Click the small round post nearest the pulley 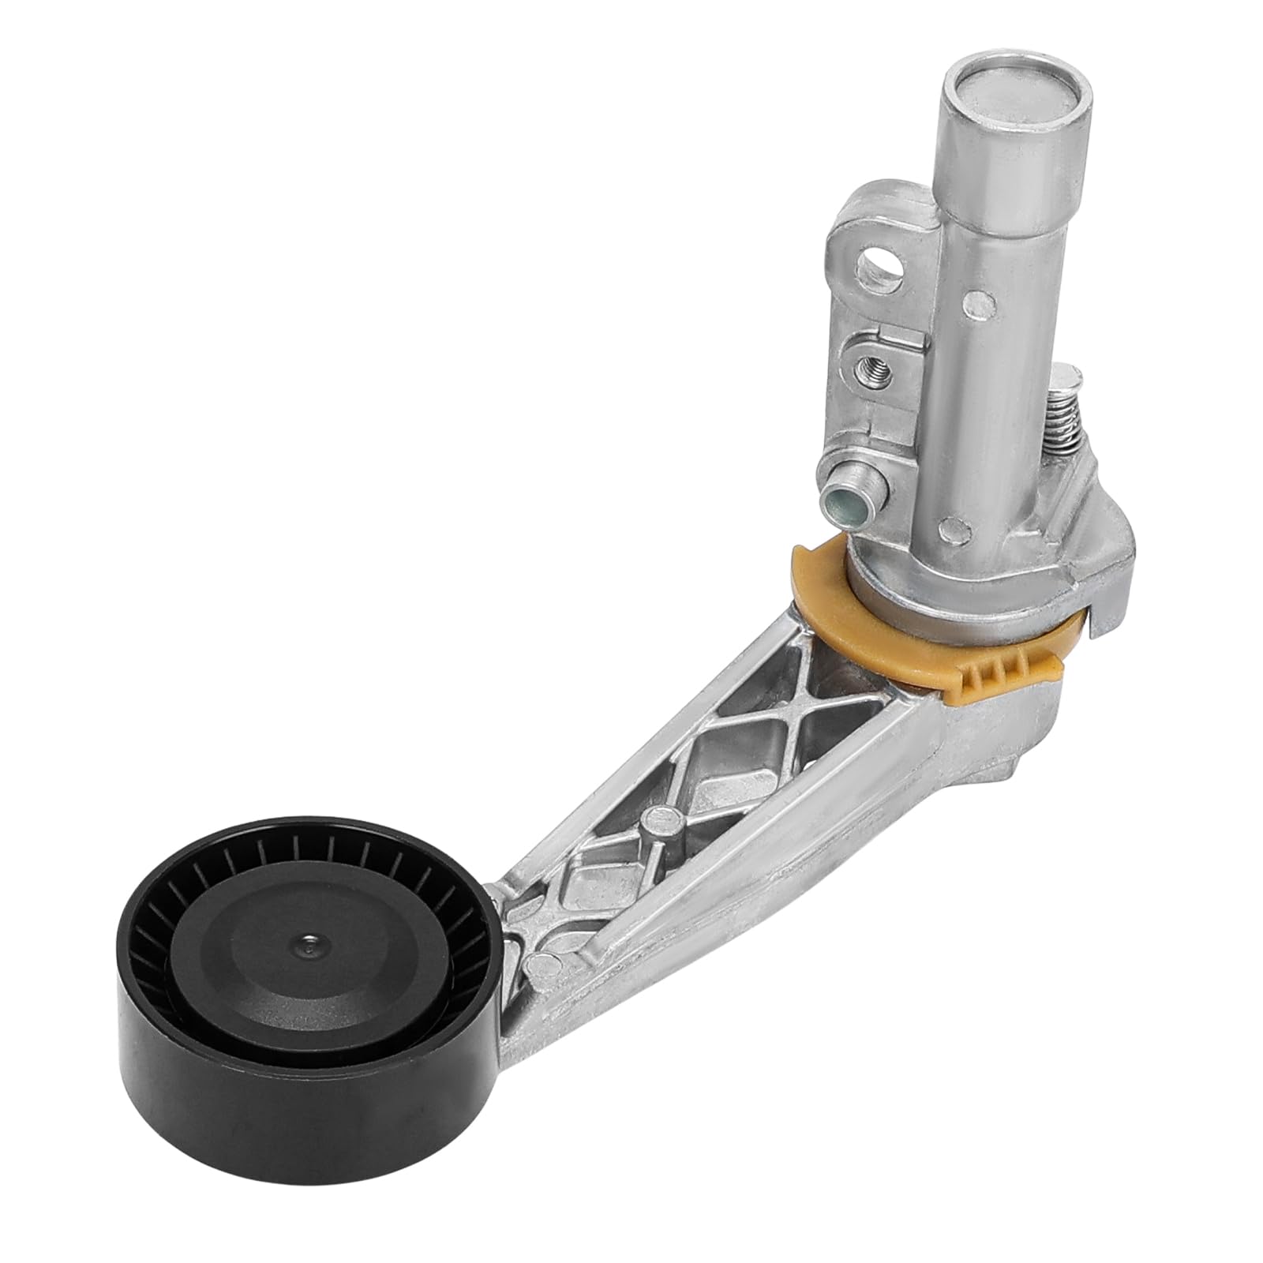point(543,963)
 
